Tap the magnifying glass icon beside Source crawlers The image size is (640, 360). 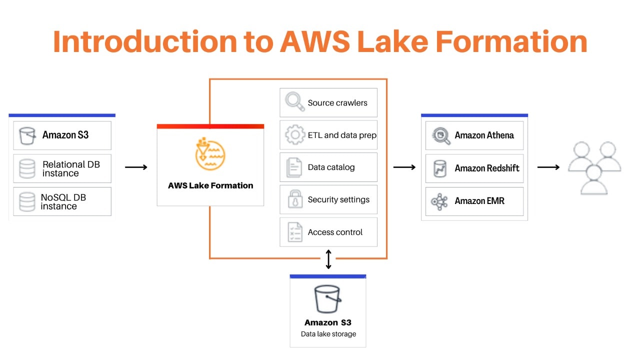[294, 102]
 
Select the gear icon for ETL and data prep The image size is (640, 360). [294, 135]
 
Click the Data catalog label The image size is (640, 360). [331, 167]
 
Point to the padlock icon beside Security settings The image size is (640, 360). [295, 199]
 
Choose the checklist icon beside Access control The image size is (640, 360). [294, 232]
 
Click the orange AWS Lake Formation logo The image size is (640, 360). [210, 154]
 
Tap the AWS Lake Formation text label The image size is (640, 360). [210, 185]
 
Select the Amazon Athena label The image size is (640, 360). [484, 135]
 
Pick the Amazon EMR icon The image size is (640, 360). [440, 201]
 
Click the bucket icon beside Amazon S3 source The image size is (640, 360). [27, 135]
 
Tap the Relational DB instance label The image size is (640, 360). [70, 168]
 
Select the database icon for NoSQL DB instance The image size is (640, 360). [27, 201]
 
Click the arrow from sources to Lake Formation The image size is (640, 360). [136, 167]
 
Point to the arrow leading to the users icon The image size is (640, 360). [548, 167]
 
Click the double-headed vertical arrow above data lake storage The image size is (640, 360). [328, 259]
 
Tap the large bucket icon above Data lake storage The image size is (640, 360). [327, 299]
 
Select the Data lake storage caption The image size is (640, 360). [328, 334]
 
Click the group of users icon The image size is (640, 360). [594, 167]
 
